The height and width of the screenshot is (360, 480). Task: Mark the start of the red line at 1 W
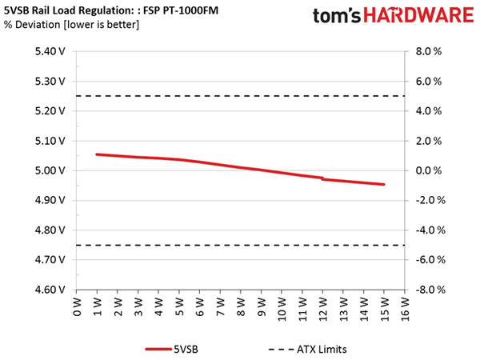pos(97,154)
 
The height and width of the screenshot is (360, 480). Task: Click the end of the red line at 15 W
pos(384,185)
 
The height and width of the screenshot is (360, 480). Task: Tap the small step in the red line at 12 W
pos(322,178)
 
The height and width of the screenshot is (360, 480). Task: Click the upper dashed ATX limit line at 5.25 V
pos(240,97)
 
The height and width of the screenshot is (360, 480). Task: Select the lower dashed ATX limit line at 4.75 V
pos(240,246)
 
